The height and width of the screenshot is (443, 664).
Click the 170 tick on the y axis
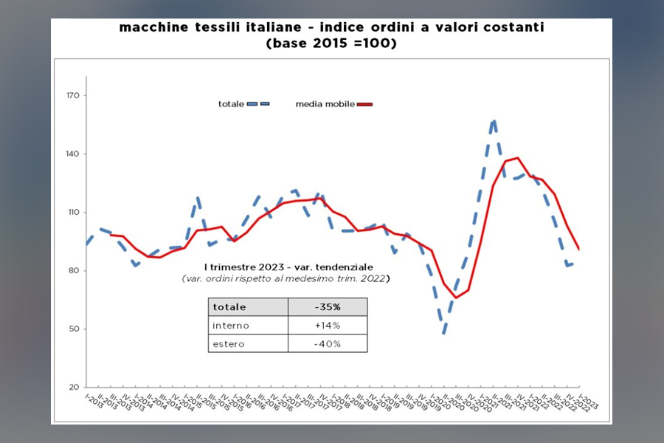pos(74,96)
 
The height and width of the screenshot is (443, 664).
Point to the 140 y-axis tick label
pos(74,154)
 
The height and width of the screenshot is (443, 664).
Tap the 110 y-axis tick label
pos(74,213)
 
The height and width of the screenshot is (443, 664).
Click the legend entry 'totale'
pos(232,104)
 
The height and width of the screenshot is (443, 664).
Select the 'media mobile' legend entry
pos(325,104)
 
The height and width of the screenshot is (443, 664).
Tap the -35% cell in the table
pos(327,307)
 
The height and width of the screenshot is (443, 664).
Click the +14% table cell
pos(327,326)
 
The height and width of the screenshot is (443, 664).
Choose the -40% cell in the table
pos(327,344)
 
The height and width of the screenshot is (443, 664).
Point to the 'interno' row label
pos(231,326)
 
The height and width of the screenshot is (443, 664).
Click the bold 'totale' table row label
pos(229,307)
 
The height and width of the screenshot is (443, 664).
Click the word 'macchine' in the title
pos(150,28)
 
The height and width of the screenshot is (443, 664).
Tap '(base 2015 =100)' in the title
pos(331,44)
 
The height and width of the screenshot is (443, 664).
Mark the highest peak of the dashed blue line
pos(494,120)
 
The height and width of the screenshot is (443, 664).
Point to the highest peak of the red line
pos(517,157)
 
